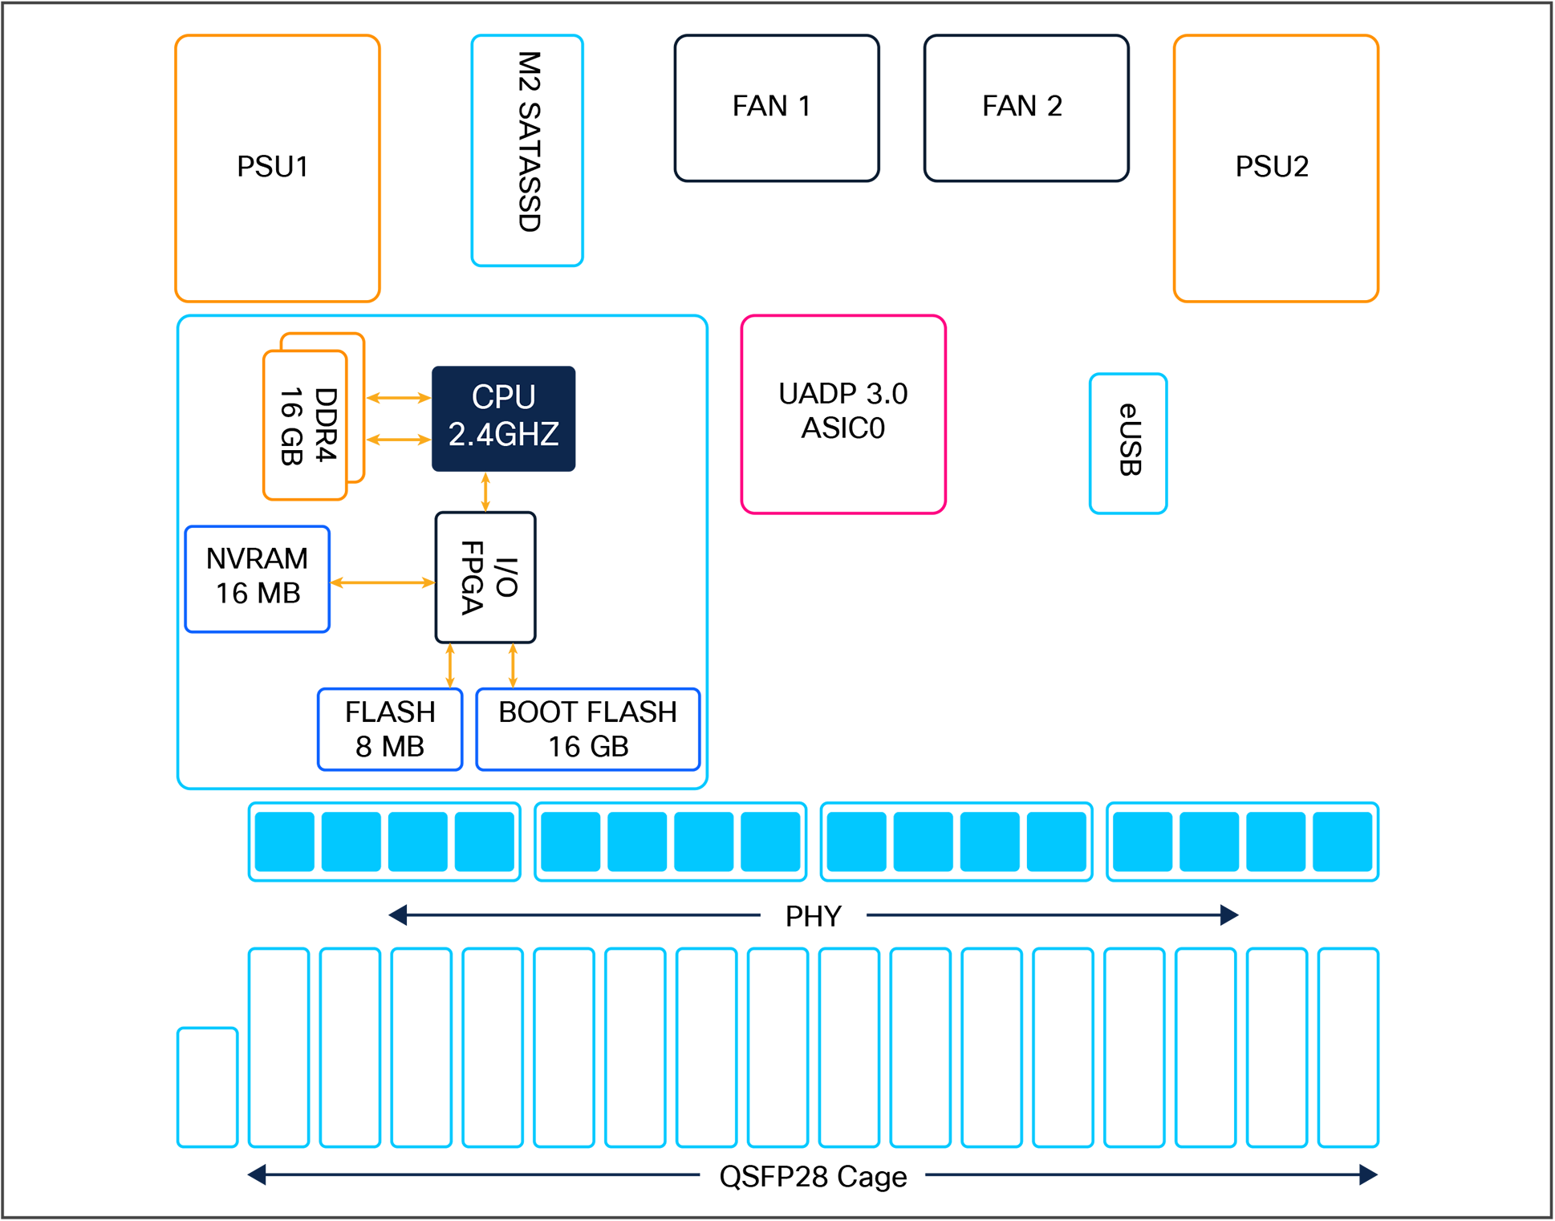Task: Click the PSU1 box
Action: pos(277,168)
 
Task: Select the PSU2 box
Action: pos(1275,168)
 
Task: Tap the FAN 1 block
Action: pos(776,107)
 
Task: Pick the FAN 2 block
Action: pos(1025,107)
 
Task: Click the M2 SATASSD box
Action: pos(527,150)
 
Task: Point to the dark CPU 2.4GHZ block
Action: pos(503,418)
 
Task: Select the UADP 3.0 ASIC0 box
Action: pos(842,413)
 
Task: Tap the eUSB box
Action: pos(1127,442)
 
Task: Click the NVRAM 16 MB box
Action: pos(257,578)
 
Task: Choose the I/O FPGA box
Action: pos(485,577)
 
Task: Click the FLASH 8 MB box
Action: pos(390,728)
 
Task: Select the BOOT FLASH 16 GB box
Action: pos(587,728)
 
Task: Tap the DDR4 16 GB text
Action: pos(307,425)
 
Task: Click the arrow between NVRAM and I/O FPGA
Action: pos(382,582)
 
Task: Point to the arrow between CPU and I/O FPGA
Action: pos(485,491)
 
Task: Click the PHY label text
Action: pos(813,915)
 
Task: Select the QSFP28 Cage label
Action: pos(812,1175)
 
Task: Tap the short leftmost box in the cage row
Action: pos(207,1086)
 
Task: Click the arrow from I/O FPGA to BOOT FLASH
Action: pos(513,665)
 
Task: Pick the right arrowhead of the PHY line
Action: pos(1228,915)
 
